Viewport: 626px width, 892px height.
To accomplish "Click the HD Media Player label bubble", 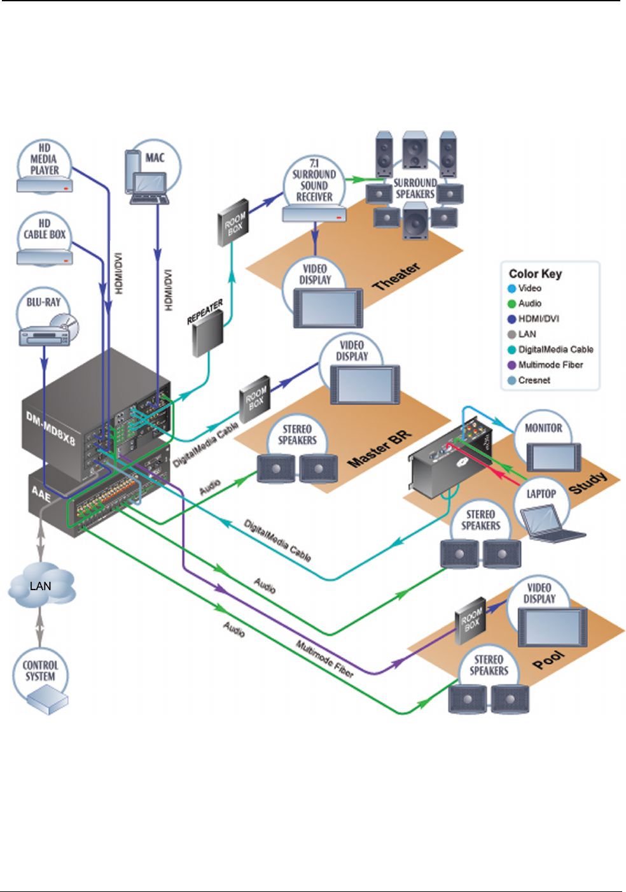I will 44,159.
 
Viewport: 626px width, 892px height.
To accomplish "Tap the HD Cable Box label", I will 45,229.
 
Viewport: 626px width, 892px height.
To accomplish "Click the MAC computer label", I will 155,158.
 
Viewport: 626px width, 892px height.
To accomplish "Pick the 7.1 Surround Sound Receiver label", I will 314,181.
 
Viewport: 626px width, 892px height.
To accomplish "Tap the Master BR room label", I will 379,449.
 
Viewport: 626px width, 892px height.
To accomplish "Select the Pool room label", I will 548,659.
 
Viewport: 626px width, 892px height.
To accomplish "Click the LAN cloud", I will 41,586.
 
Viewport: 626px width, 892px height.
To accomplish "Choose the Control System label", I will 40,671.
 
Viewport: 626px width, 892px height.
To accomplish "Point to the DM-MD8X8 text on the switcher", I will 50,428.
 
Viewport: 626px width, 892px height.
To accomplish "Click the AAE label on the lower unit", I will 41,493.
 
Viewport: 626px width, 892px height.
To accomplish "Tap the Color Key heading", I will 535,274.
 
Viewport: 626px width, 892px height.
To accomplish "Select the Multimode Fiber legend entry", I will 550,365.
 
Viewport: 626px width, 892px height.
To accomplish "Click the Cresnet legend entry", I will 534,380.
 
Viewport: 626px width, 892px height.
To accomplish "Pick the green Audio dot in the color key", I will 511,304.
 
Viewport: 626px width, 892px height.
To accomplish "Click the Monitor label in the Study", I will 543,428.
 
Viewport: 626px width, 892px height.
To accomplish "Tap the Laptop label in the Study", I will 541,494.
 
